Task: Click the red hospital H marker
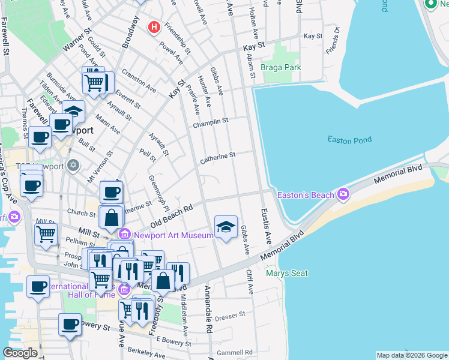(154, 27)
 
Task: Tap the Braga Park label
(281, 68)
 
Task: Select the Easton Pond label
(349, 140)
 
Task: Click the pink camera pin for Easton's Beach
(343, 194)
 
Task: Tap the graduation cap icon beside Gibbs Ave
(226, 227)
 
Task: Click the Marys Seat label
(287, 274)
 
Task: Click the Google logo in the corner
(20, 353)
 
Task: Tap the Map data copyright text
(412, 355)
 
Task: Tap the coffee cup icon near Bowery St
(70, 324)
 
